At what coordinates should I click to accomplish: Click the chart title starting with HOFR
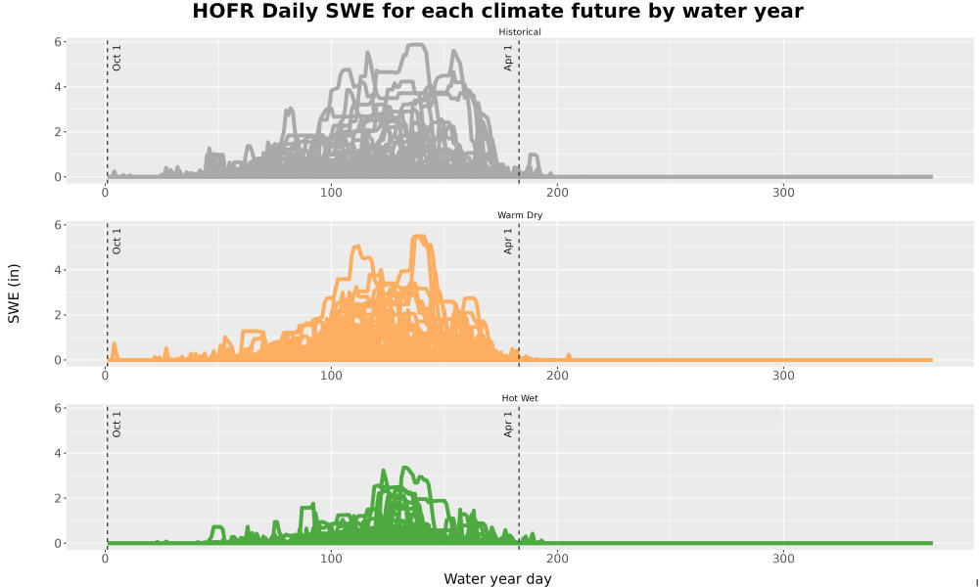[x=497, y=11]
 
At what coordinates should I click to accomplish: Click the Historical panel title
[x=520, y=32]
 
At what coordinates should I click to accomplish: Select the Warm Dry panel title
[x=520, y=215]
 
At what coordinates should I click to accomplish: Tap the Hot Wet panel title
[x=520, y=398]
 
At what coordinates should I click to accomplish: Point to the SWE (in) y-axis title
[x=14, y=293]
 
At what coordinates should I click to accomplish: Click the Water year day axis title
[x=497, y=579]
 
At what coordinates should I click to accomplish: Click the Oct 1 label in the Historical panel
[x=117, y=58]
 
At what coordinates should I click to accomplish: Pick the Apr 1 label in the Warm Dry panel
[x=507, y=241]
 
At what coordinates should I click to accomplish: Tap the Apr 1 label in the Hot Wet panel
[x=507, y=424]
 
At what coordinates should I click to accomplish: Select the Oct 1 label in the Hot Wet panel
[x=117, y=424]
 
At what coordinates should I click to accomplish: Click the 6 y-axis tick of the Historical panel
[x=58, y=42]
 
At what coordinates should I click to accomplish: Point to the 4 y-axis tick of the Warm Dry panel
[x=58, y=270]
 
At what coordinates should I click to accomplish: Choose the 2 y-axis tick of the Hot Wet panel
[x=58, y=498]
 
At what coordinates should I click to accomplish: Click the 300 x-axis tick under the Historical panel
[x=783, y=192]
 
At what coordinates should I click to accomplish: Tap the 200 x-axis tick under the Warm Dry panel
[x=558, y=376]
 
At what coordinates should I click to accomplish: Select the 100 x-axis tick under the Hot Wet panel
[x=331, y=559]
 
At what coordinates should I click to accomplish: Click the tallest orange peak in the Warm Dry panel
[x=419, y=237]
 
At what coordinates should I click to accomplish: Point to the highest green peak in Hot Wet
[x=404, y=468]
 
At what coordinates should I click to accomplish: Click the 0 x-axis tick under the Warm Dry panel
[x=105, y=376]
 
